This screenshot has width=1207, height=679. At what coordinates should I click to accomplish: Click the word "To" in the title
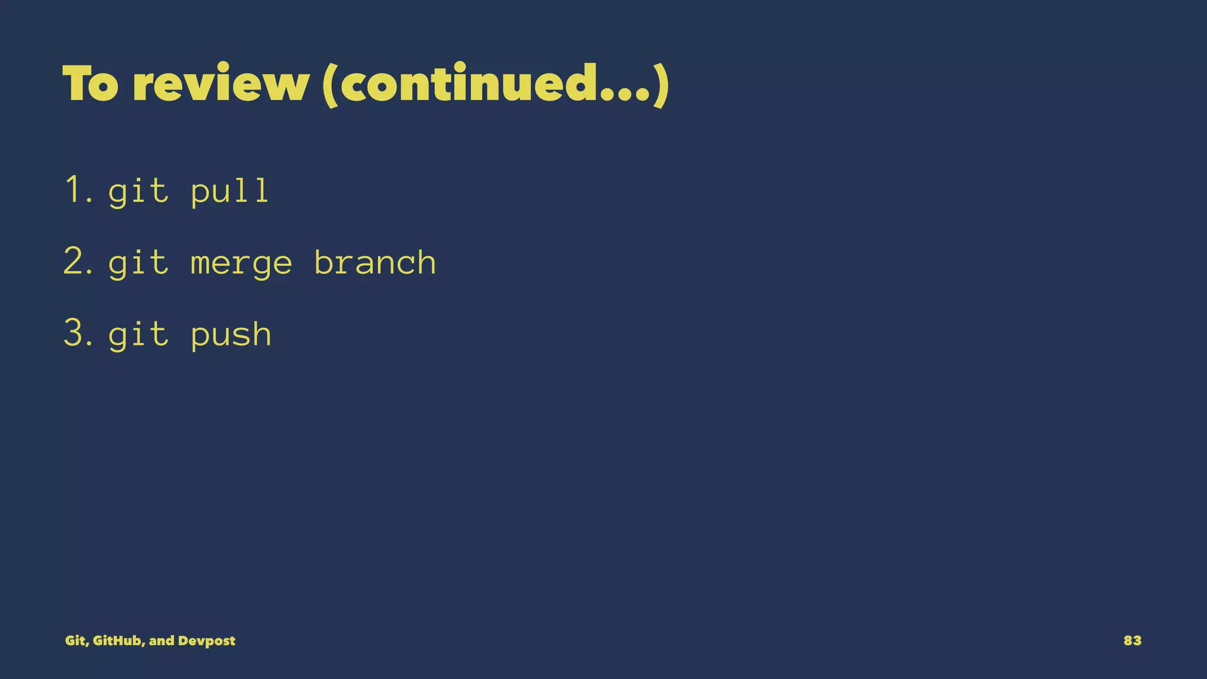[90, 84]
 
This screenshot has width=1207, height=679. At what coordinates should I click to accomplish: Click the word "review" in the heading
[220, 84]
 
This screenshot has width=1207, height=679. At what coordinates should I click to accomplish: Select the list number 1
[77, 190]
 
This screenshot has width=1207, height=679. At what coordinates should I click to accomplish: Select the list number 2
[77, 262]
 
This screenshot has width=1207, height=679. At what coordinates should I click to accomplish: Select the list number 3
[77, 334]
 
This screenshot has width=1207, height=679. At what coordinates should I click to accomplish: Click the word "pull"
[230, 192]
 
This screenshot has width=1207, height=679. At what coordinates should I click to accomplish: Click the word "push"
[231, 335]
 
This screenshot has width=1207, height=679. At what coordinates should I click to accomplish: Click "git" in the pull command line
[138, 192]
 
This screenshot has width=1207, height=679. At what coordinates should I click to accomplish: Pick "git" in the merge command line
[138, 263]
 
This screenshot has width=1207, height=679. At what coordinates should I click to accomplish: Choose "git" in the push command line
[138, 335]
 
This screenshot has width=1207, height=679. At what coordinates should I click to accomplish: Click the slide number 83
[1132, 641]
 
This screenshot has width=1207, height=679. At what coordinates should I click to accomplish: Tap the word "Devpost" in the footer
[206, 641]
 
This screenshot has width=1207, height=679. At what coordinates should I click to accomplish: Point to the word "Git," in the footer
[77, 641]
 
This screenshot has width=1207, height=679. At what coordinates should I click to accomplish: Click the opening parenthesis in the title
[330, 85]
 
